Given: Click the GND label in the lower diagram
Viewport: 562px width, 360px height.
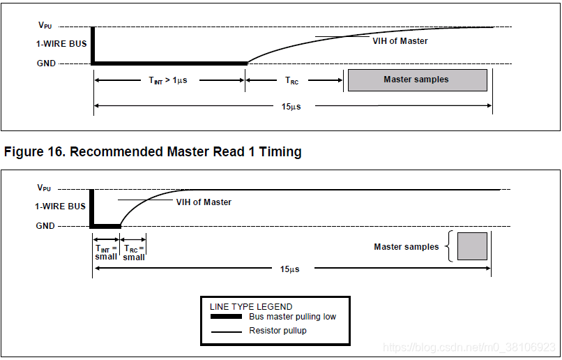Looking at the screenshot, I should point(46,226).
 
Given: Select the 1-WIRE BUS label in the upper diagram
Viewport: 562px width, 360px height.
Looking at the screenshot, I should point(61,44).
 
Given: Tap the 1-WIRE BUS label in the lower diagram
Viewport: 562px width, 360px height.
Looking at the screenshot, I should point(61,207).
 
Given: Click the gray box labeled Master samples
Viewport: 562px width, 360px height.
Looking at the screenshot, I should point(417,80).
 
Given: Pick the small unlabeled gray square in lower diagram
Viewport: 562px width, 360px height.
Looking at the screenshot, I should point(472,246).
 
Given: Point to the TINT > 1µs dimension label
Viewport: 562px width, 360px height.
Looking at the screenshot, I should point(168,80).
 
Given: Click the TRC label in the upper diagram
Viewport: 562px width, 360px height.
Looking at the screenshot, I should point(291,81).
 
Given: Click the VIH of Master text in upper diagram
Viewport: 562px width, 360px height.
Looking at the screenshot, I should point(400,41).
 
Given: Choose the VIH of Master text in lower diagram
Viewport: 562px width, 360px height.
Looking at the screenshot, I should point(203,202).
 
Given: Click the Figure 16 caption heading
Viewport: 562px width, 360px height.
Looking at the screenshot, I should point(153,151).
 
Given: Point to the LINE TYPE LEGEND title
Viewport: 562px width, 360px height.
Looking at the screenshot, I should point(251,306).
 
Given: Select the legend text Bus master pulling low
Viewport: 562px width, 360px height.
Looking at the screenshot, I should point(292,317).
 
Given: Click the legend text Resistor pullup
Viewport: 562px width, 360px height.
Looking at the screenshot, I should point(278,331).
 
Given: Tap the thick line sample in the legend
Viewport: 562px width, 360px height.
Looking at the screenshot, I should point(226,317).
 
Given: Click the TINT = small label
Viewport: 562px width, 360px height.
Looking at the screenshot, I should point(106,252).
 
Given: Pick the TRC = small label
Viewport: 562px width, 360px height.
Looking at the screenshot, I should point(134,253).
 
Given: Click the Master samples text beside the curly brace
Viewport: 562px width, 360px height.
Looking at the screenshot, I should point(407,247).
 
